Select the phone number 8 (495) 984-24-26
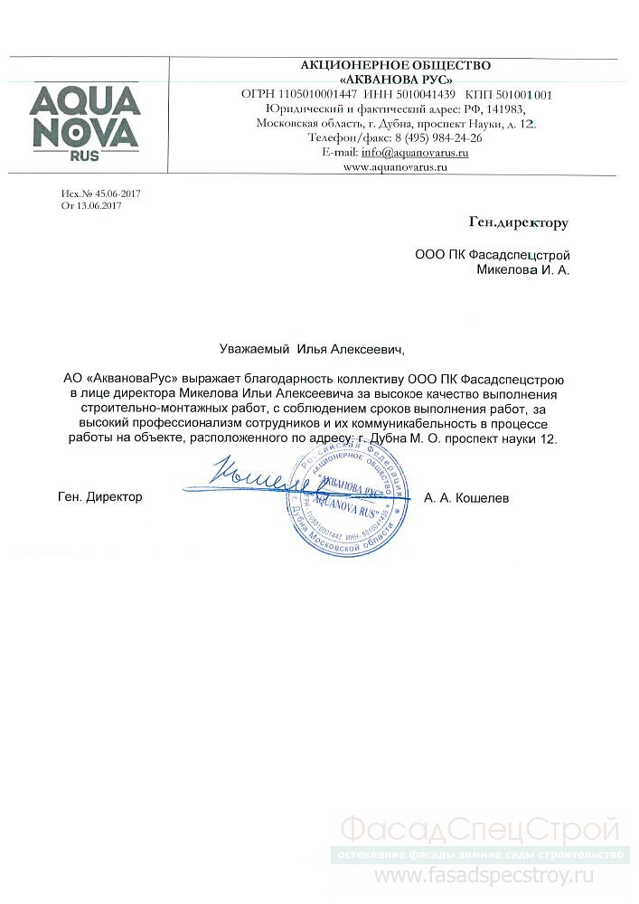[437, 137]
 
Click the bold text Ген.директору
[519, 221]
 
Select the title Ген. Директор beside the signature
[99, 497]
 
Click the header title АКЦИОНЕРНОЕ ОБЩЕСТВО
[396, 65]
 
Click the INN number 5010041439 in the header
[428, 94]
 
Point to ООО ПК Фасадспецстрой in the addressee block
[493, 254]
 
